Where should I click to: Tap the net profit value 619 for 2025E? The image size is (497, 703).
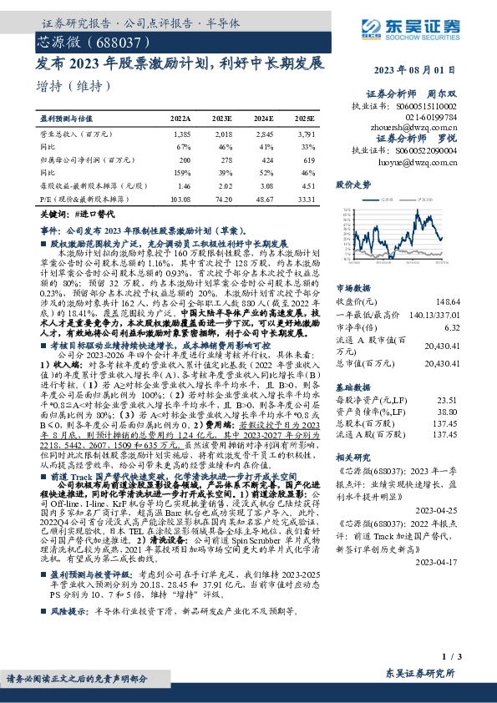309,159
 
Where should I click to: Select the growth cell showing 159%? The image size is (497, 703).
184,172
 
